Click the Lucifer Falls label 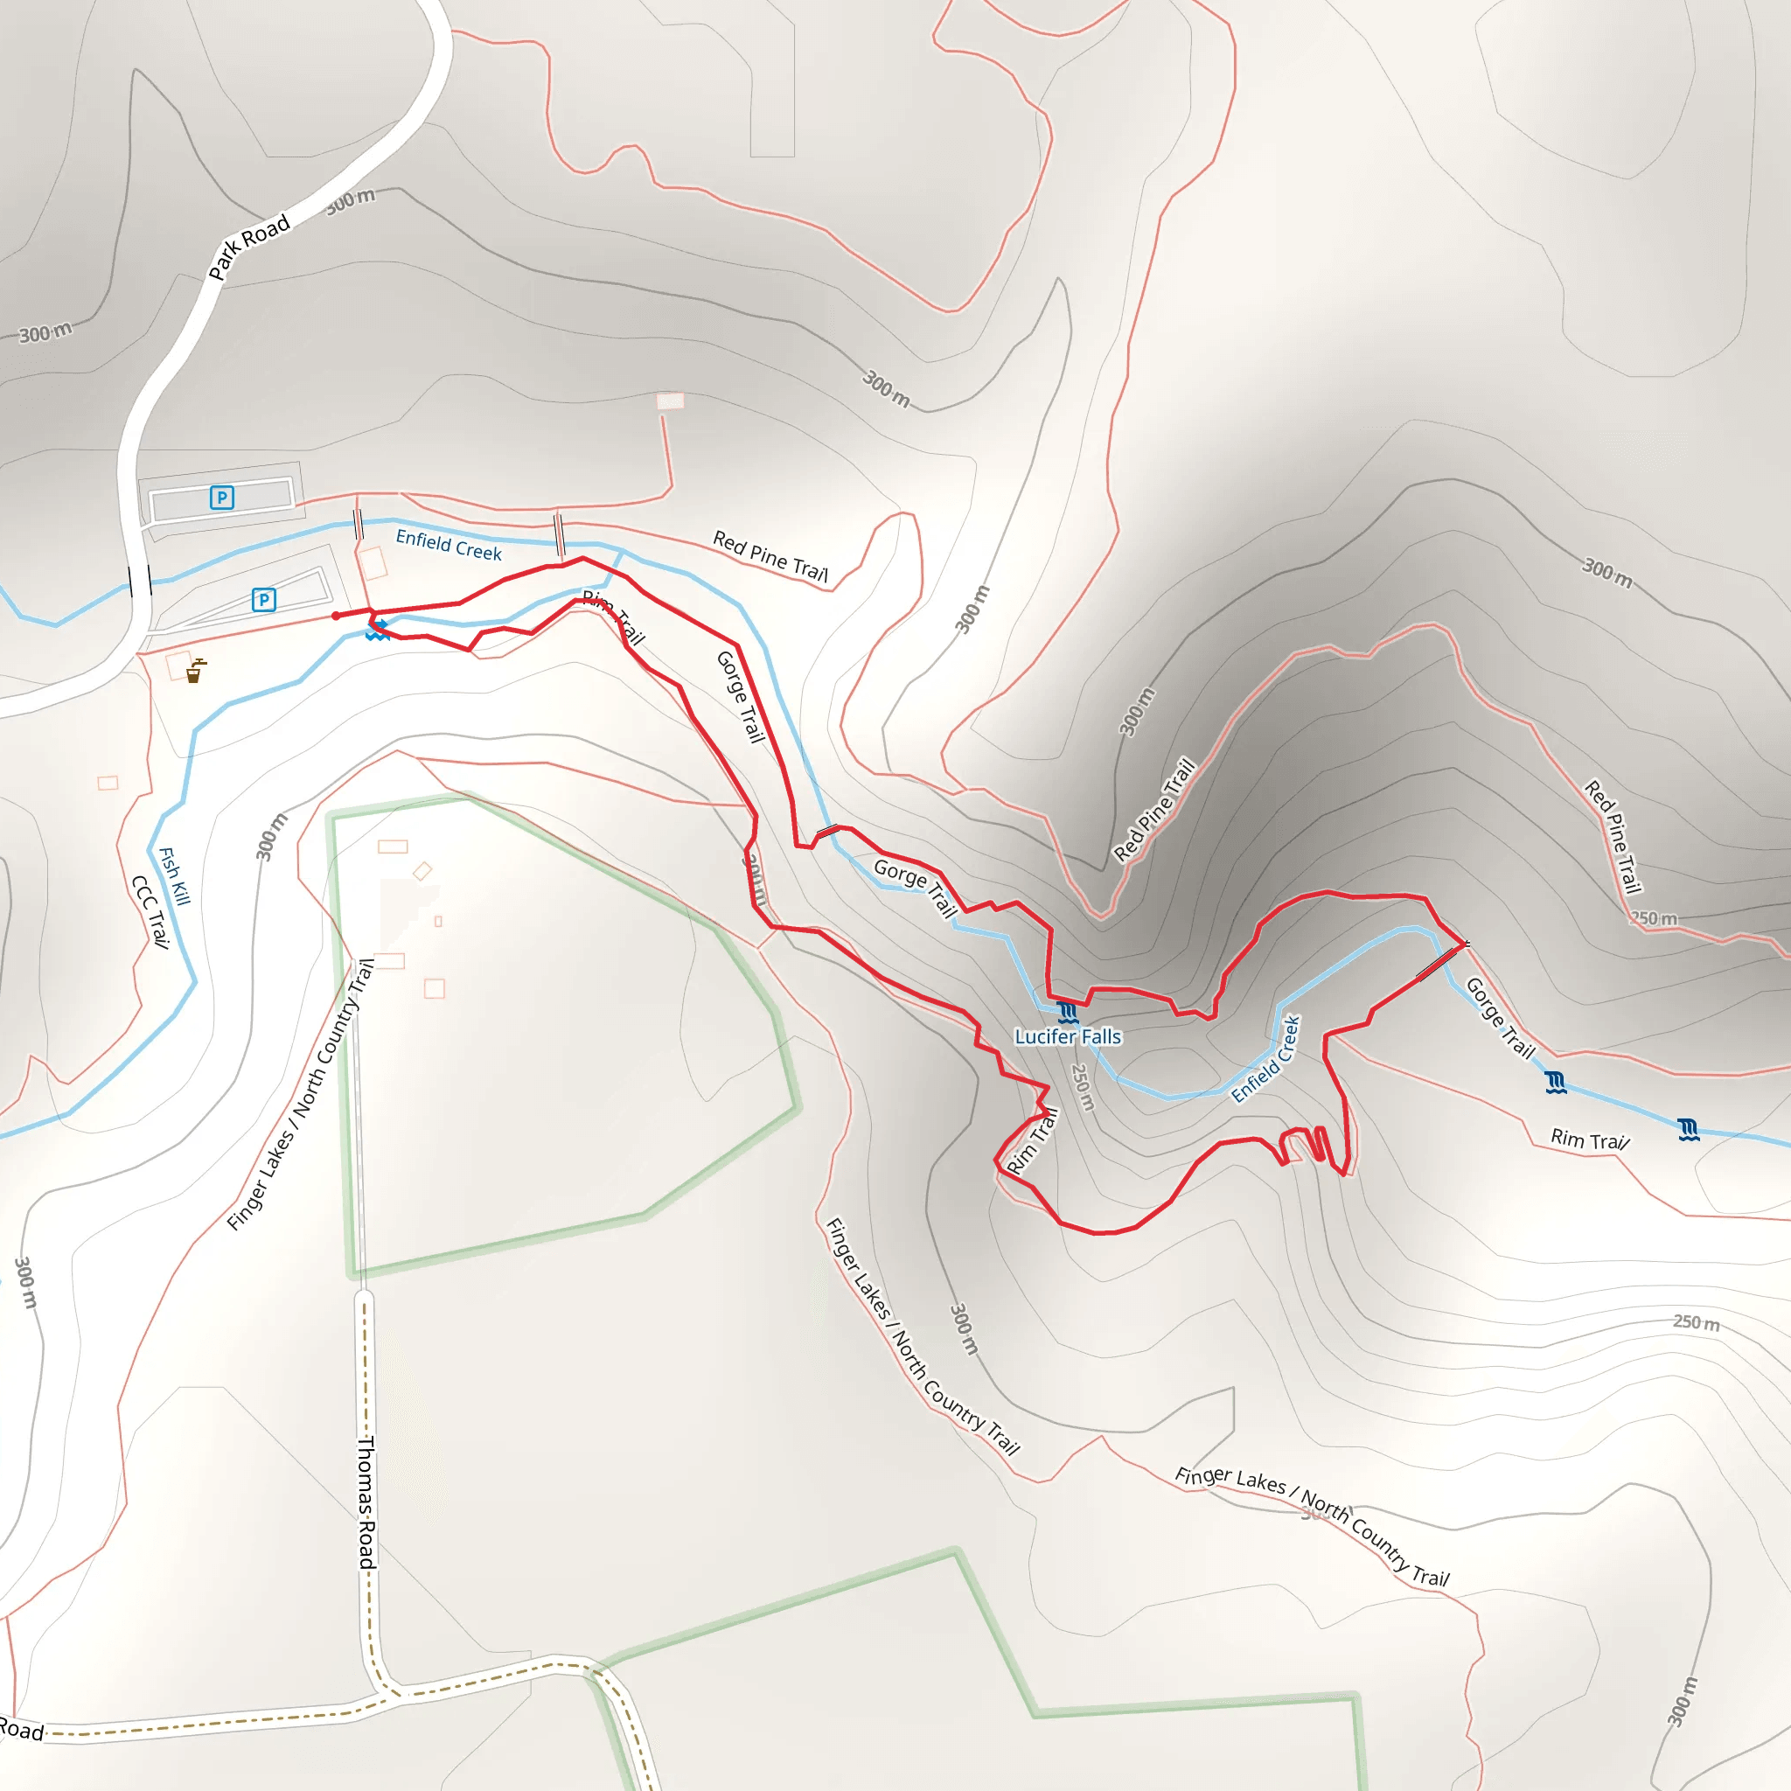click(x=1067, y=1036)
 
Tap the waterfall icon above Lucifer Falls click(x=1067, y=1013)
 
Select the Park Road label click(x=248, y=247)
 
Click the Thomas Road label click(x=367, y=1502)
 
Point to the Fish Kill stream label click(x=174, y=876)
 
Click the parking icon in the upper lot click(x=221, y=498)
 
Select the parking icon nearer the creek click(x=264, y=600)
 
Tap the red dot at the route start click(x=336, y=616)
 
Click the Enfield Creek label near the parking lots click(x=449, y=545)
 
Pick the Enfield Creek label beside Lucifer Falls click(x=1266, y=1059)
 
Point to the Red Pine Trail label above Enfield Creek click(x=770, y=555)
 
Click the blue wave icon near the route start click(x=376, y=631)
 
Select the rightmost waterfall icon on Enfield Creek click(x=1688, y=1129)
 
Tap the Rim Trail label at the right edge click(x=1589, y=1139)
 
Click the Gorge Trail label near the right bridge click(x=1499, y=1017)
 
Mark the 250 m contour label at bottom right click(x=1696, y=1323)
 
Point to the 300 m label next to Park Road click(x=351, y=200)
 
